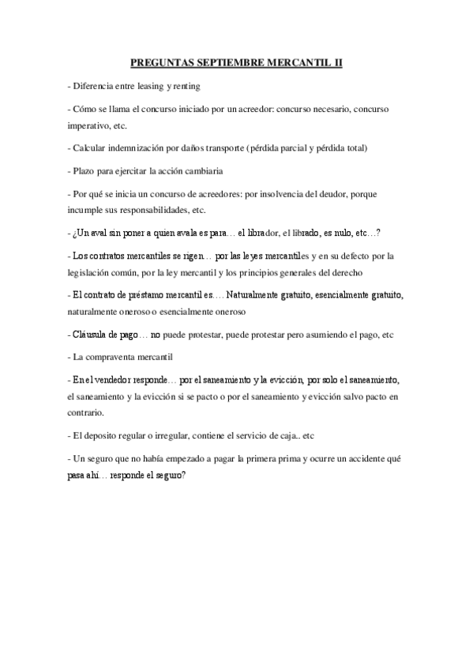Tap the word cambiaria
pyautogui.click(x=201, y=170)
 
